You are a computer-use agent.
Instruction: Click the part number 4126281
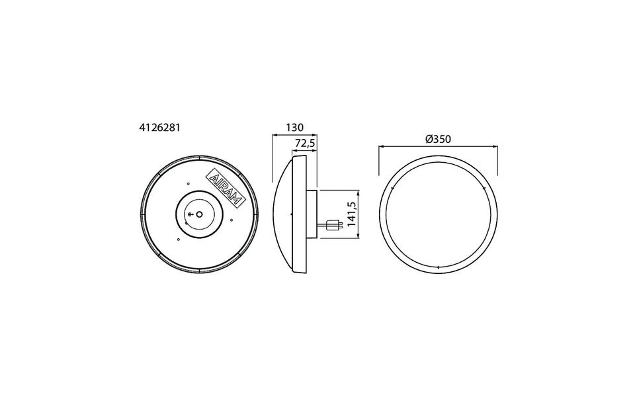(159, 128)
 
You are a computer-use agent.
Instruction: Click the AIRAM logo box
(226, 188)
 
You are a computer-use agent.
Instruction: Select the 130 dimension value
(294, 128)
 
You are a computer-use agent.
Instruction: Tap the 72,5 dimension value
(305, 143)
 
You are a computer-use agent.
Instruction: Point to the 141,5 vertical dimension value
(351, 214)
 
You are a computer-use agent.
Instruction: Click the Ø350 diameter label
(438, 140)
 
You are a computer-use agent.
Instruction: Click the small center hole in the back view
(199, 214)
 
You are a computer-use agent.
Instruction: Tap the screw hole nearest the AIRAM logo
(189, 183)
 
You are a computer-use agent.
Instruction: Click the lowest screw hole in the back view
(177, 240)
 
